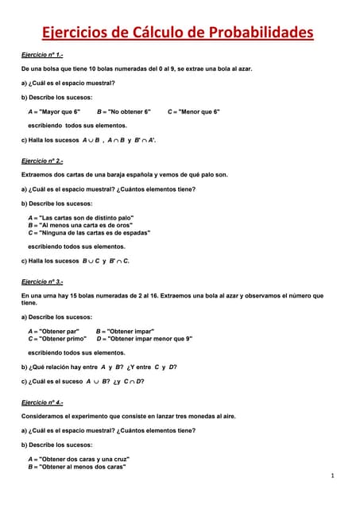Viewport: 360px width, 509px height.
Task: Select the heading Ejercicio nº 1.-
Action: tap(42, 55)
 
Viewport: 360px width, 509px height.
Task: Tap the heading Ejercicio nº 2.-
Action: tap(42, 161)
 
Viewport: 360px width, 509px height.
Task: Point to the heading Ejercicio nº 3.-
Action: tap(42, 282)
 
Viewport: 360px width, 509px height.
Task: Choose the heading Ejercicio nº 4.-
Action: tap(42, 402)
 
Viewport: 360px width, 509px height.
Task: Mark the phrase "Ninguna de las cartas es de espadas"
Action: tap(94, 233)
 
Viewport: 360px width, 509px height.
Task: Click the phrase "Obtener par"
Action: tap(59, 331)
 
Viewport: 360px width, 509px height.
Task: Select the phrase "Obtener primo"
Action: tap(62, 339)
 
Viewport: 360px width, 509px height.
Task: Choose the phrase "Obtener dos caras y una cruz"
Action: tap(83, 459)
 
